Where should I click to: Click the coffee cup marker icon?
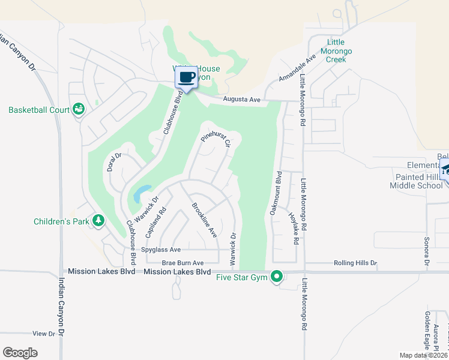186,77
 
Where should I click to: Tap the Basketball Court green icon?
79,109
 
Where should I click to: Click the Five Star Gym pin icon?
276,277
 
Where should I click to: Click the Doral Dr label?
114,162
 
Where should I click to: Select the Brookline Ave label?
203,221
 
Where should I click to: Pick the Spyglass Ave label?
161,250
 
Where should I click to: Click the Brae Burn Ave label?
183,263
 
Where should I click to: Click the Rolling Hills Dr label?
355,263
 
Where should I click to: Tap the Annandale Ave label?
298,70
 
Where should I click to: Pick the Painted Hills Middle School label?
419,181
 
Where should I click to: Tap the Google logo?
20,353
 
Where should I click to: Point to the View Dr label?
44,333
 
